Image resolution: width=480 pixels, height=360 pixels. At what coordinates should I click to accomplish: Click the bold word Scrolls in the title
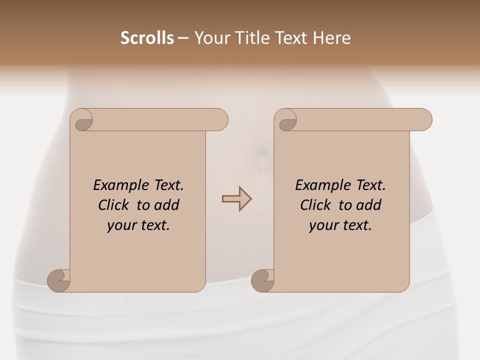(x=147, y=38)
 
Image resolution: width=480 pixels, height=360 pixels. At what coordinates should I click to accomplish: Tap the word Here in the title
(x=331, y=38)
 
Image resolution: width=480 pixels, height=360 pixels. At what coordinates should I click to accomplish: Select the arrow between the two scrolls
(x=236, y=199)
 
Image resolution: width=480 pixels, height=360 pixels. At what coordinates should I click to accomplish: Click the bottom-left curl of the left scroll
(x=58, y=280)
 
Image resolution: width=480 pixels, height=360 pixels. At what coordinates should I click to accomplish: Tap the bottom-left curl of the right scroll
(x=262, y=280)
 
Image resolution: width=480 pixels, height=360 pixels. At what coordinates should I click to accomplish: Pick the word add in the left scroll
(x=166, y=205)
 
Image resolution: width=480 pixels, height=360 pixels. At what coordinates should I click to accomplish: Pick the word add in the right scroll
(x=368, y=205)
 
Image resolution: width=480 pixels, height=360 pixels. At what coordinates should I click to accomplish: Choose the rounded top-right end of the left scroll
(x=220, y=120)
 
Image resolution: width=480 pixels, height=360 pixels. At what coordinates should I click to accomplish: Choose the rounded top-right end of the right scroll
(x=424, y=120)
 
